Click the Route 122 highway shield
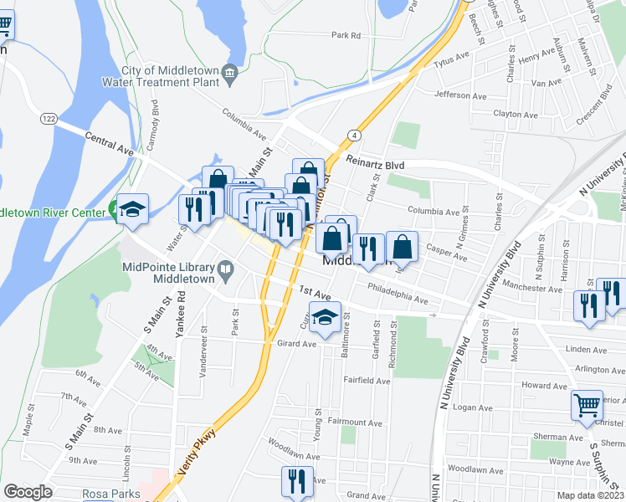pos(49,120)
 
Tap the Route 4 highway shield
pos(355,135)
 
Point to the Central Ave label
pos(110,145)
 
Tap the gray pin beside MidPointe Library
pos(224,269)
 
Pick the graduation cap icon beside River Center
pos(133,208)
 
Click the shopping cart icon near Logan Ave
pos(587,405)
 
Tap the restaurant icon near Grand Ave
pos(296,481)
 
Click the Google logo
pos(28,492)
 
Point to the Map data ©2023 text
pos(590,495)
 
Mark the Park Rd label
pos(345,36)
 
